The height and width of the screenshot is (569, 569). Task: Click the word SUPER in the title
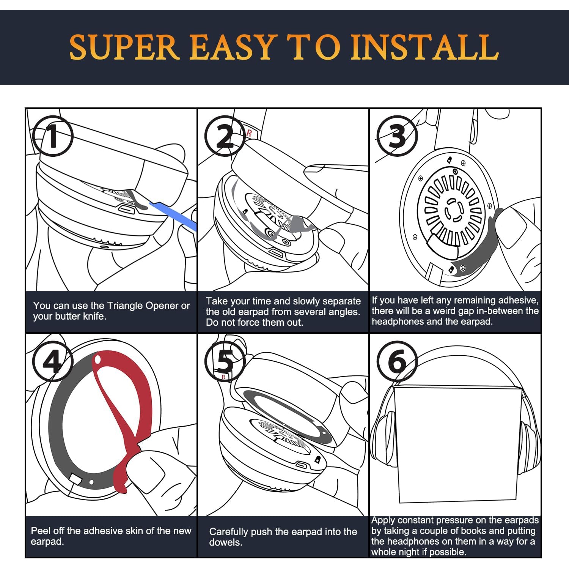124,47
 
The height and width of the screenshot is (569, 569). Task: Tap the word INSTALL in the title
424,47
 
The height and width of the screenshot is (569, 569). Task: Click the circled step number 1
53,136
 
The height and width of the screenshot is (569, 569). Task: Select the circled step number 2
225,136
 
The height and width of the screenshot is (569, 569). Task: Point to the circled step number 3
397,136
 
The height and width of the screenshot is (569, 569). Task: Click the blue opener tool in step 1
174,215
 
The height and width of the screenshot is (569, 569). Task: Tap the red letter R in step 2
249,133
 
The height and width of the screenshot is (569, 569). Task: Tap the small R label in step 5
224,377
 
